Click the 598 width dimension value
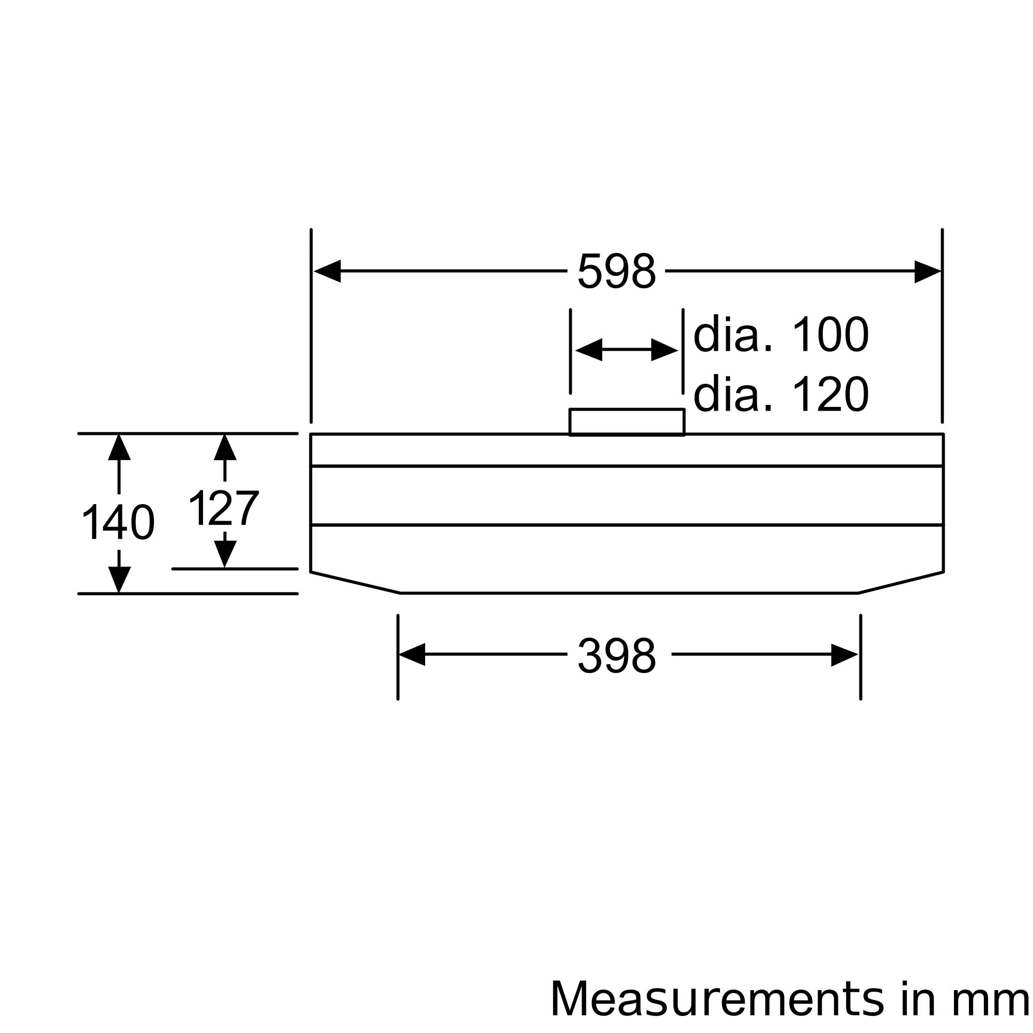point(617,271)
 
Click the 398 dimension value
point(617,655)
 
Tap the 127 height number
point(224,508)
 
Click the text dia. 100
point(781,335)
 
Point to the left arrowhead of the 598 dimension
point(327,271)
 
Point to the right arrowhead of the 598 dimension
point(927,271)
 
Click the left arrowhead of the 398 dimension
point(412,654)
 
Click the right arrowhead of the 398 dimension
point(844,654)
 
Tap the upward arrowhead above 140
point(119,448)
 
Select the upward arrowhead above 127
point(225,448)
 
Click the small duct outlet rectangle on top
point(627,422)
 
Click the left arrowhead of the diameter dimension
point(589,350)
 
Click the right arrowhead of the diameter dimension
point(665,350)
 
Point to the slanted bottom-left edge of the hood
point(355,583)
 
